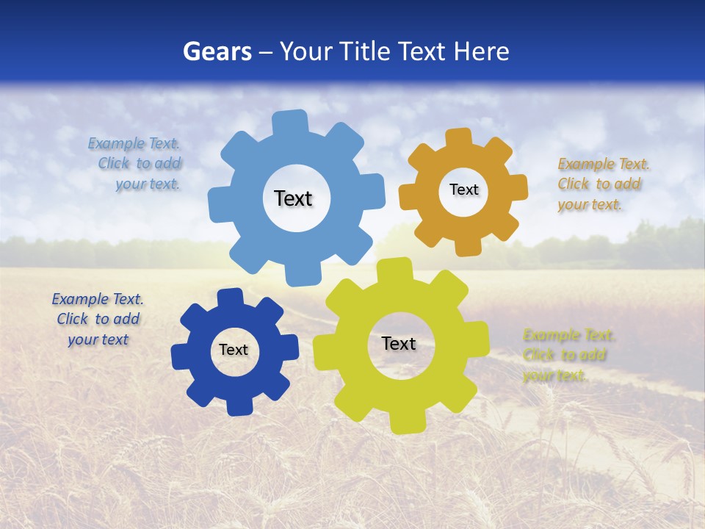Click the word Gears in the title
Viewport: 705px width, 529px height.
(x=217, y=51)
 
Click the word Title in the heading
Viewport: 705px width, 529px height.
(x=363, y=51)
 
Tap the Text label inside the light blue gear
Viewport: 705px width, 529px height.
(x=293, y=198)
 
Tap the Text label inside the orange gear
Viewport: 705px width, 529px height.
(x=463, y=190)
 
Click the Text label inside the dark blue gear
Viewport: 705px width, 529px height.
(x=234, y=350)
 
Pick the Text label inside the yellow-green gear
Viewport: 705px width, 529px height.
(x=399, y=343)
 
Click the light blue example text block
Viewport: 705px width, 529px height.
(x=137, y=164)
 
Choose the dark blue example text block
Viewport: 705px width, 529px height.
(x=97, y=320)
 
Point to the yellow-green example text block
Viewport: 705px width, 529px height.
(x=567, y=356)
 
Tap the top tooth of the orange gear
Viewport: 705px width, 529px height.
(x=458, y=137)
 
